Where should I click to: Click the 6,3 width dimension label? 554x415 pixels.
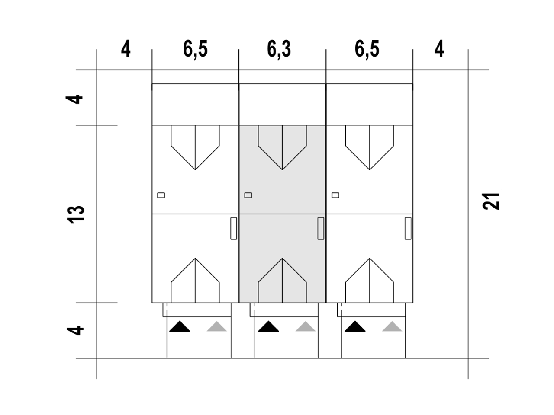pyautogui.click(x=279, y=49)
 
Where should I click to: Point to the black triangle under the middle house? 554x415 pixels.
pyautogui.click(x=268, y=326)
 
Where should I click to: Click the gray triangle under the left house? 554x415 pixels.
pyautogui.click(x=217, y=326)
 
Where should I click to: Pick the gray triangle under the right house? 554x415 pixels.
pyautogui.click(x=392, y=326)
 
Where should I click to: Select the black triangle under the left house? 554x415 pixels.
pyautogui.click(x=180, y=326)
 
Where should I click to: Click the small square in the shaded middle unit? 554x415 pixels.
pyautogui.click(x=248, y=195)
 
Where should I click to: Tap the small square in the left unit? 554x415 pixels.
pyautogui.click(x=161, y=195)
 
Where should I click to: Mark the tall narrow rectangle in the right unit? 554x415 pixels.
pyautogui.click(x=408, y=228)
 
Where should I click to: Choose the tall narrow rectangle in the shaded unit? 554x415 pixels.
pyautogui.click(x=321, y=228)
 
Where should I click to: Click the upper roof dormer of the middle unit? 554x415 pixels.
pyautogui.click(x=282, y=145)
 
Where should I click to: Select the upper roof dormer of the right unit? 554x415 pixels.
pyautogui.click(x=370, y=145)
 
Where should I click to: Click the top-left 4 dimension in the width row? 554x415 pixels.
pyautogui.click(x=126, y=49)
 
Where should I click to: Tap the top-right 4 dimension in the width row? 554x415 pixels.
pyautogui.click(x=439, y=49)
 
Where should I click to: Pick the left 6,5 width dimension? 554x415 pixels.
pyautogui.click(x=195, y=49)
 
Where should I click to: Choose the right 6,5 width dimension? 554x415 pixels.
pyautogui.click(x=367, y=49)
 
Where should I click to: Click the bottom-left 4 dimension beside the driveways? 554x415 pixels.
pyautogui.click(x=76, y=330)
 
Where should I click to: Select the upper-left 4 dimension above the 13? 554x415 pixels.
pyautogui.click(x=76, y=99)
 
